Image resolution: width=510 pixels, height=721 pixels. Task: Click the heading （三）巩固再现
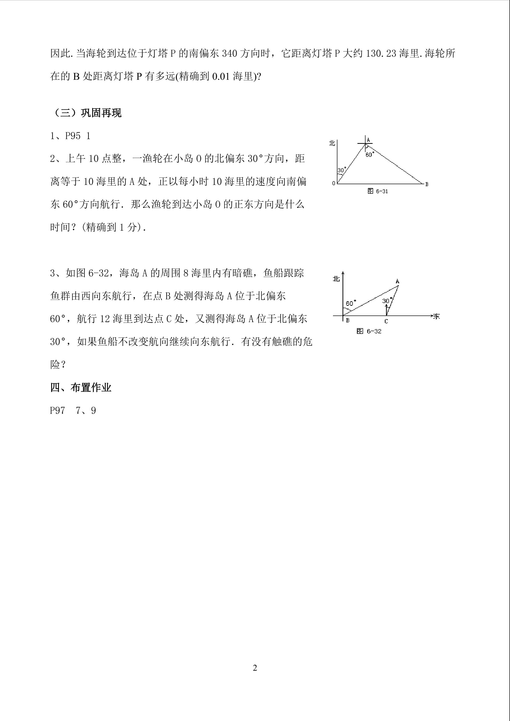coord(86,113)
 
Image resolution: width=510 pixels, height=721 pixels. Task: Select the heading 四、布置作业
coord(81,388)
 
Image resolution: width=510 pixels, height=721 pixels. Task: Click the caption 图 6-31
coord(377,191)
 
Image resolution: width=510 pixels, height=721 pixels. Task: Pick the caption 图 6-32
coord(369,331)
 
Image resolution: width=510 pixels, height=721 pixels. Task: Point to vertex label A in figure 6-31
coord(368,140)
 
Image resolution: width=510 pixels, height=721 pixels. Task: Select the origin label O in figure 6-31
coord(334,183)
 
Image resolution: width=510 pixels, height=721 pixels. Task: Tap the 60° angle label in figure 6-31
coord(370,155)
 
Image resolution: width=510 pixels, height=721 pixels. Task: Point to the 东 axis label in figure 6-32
coord(436,316)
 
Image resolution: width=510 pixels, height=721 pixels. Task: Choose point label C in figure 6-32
coord(386,321)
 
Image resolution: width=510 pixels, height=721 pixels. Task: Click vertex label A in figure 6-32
coord(397,281)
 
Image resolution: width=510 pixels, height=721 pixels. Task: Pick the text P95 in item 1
coord(73,136)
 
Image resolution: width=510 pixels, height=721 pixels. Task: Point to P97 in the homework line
coord(57,411)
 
